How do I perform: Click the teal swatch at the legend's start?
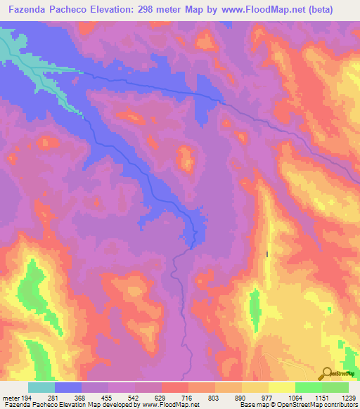point(41,387)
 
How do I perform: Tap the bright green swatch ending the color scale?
point(335,387)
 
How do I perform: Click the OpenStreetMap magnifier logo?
point(328,372)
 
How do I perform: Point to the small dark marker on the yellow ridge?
point(268,254)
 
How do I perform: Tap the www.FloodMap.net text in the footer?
point(169,405)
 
